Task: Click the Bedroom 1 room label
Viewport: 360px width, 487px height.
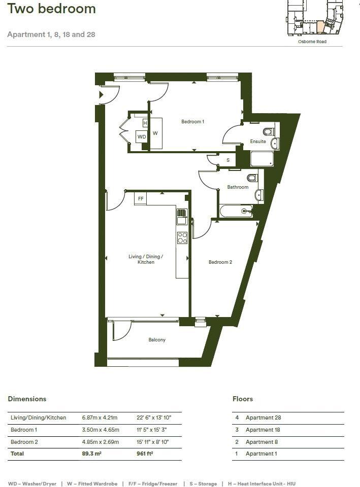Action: (x=193, y=122)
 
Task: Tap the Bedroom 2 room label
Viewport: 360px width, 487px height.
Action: (x=220, y=262)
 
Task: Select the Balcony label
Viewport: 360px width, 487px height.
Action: (x=157, y=340)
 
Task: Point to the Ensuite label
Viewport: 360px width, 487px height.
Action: (x=258, y=142)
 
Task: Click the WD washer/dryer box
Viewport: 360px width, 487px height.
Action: (x=142, y=136)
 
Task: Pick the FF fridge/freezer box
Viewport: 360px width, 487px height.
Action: (x=141, y=199)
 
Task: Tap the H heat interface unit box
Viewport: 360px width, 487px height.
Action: (x=145, y=123)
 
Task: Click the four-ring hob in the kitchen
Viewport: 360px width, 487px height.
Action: (x=182, y=238)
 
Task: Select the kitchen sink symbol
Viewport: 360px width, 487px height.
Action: (x=182, y=217)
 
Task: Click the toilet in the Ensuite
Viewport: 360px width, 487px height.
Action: (x=268, y=132)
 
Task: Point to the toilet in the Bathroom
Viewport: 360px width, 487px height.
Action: (x=252, y=178)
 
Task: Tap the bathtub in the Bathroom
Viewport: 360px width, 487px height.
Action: (x=236, y=211)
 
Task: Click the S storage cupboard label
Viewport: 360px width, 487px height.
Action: (x=228, y=160)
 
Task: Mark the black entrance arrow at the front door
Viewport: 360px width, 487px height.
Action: (x=101, y=94)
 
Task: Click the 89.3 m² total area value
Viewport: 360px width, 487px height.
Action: (x=92, y=454)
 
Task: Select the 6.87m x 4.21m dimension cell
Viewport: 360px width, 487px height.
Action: (x=100, y=418)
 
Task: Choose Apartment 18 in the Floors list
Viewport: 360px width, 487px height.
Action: (x=263, y=430)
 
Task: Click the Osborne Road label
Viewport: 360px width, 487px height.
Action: (x=312, y=42)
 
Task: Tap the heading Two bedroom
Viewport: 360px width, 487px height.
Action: (x=52, y=9)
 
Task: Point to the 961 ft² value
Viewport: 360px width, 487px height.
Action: (x=145, y=454)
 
